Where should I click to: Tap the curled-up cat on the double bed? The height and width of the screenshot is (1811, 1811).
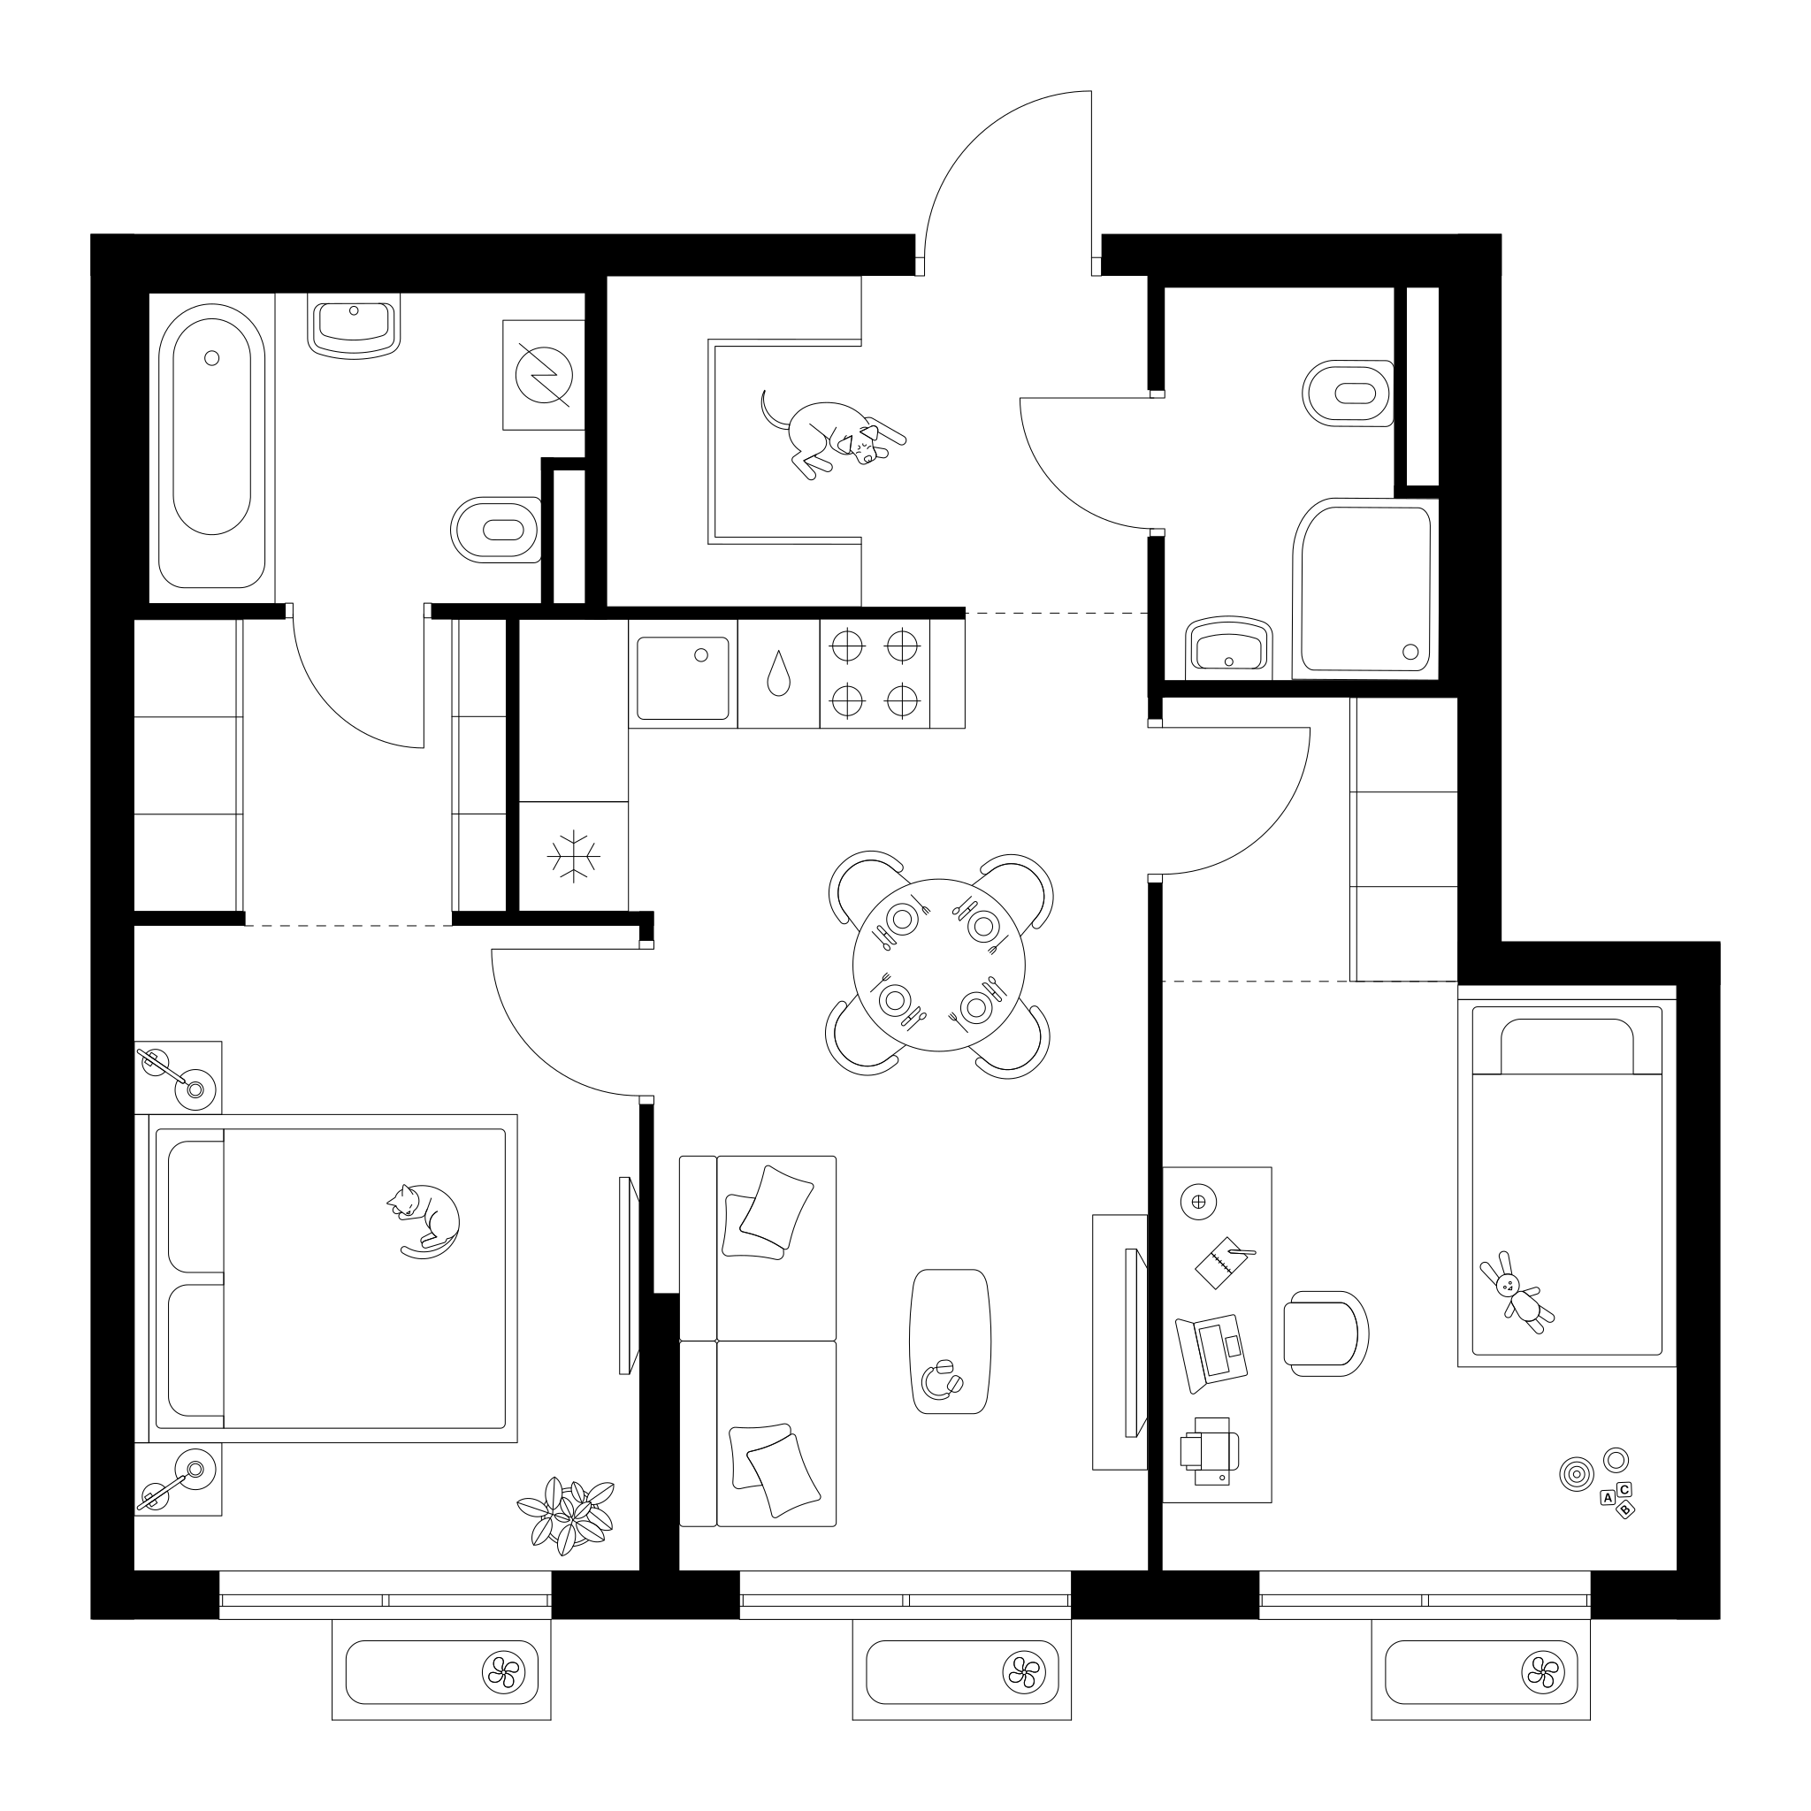424,1220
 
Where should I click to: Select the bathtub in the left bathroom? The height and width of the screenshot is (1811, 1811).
212,447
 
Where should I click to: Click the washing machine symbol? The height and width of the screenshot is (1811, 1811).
544,375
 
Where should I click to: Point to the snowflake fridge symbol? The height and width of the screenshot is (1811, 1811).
574,856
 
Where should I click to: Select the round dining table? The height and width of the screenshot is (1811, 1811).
938,965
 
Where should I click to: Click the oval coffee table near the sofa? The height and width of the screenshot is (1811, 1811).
950,1341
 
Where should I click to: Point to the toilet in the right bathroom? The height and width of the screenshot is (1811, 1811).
1348,393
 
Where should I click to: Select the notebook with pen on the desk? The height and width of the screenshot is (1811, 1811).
1224,1261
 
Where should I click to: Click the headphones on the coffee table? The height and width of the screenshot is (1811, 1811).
941,1379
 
